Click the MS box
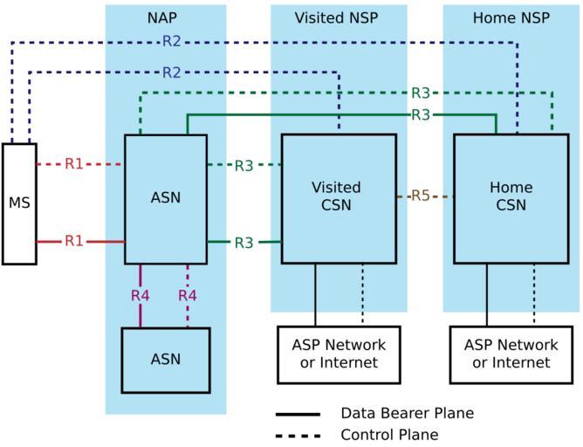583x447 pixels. tap(19, 203)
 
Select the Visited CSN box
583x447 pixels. tap(338, 197)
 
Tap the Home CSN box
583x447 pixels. tap(511, 197)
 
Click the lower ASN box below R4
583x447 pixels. tap(166, 359)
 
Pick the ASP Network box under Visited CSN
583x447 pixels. tap(339, 354)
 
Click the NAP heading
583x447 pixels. tap(165, 17)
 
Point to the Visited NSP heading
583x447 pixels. tap(338, 17)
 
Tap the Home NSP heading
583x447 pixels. tap(511, 17)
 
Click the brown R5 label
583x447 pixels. tap(421, 196)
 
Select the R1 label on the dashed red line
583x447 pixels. tap(75, 163)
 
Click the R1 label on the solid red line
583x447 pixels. tap(75, 241)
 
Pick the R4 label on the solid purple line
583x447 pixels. tap(141, 295)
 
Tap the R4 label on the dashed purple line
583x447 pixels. tap(188, 295)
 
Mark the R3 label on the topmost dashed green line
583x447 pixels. tap(421, 93)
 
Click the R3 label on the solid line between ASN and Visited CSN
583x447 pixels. tap(243, 242)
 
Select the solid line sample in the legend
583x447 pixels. tap(297, 414)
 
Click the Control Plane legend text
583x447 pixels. tap(389, 435)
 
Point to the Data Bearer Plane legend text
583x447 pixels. tap(407, 414)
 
